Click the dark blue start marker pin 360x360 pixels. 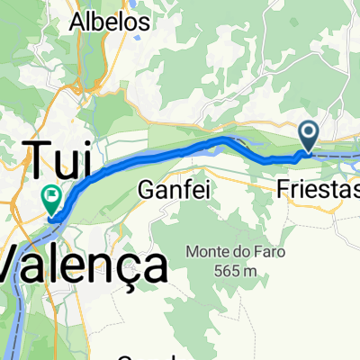point(308,137)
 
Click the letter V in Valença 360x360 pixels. point(13,267)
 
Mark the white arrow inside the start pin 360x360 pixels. point(308,134)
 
